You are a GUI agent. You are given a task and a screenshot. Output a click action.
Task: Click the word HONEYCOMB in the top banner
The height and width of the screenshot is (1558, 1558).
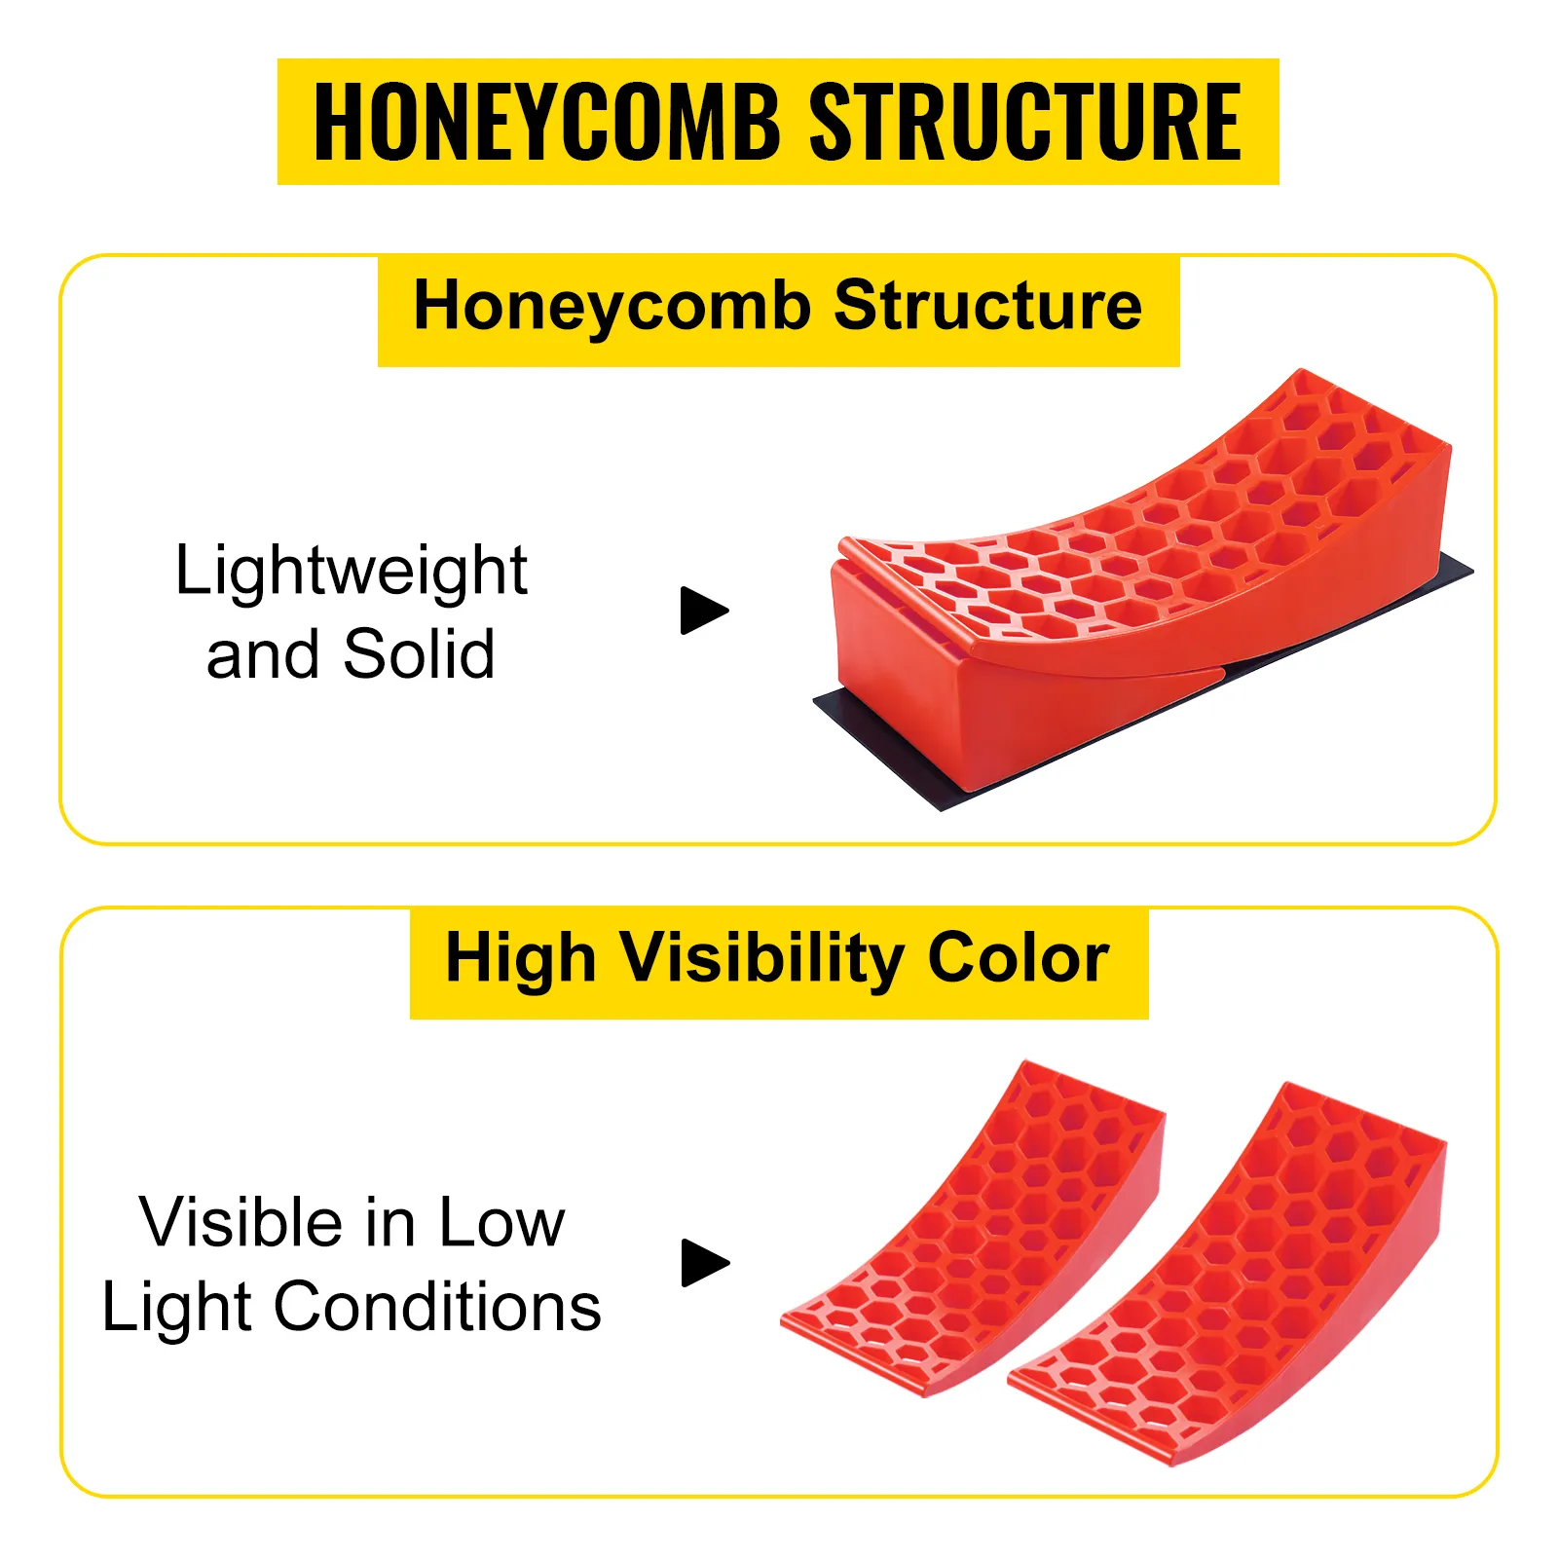(x=546, y=122)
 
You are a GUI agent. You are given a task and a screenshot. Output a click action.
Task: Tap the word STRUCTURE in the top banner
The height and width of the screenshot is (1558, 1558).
(x=1025, y=122)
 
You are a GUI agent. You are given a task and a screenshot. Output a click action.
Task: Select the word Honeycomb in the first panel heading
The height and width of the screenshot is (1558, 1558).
(x=612, y=307)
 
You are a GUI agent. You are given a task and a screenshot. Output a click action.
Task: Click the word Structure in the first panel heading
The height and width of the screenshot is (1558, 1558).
(x=988, y=306)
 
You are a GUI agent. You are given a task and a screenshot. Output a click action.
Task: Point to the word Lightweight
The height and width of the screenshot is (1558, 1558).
(x=352, y=572)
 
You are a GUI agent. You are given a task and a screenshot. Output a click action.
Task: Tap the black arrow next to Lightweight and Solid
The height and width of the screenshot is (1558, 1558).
(x=705, y=611)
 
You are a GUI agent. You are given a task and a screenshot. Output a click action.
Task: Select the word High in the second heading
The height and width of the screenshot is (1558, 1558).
(x=520, y=960)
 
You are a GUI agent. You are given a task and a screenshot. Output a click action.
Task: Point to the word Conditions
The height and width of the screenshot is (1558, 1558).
(x=437, y=1307)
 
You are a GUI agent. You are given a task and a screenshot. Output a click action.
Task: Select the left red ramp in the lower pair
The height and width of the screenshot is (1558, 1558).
(x=974, y=1229)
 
